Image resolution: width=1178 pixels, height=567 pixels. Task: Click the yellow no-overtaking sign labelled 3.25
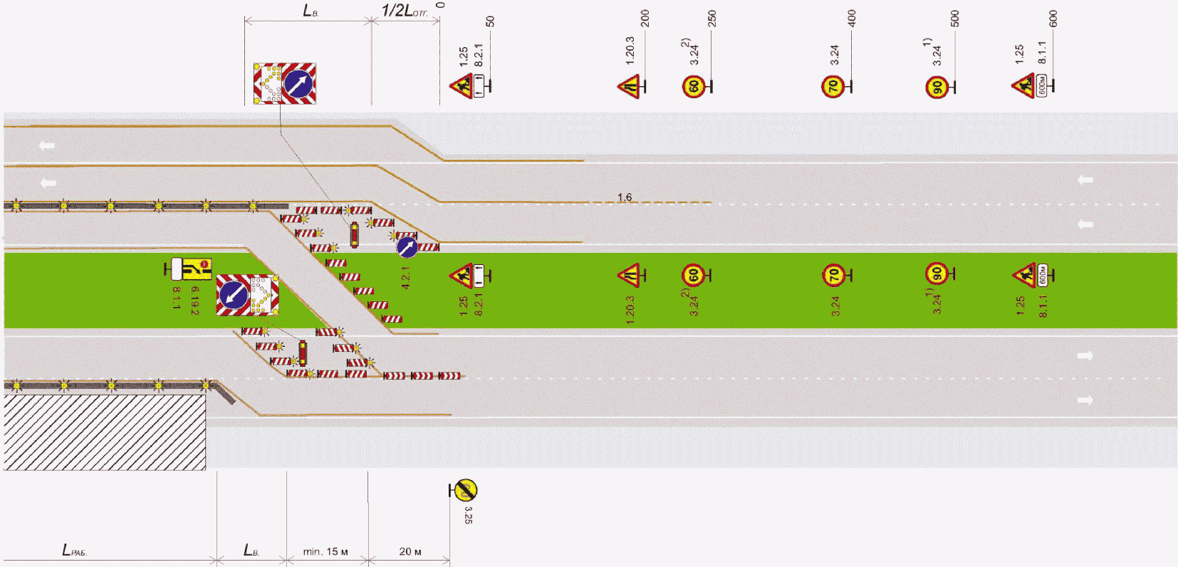pyautogui.click(x=466, y=490)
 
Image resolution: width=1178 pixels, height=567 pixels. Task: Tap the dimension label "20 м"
pyautogui.click(x=410, y=551)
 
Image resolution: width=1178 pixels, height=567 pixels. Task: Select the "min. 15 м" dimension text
pyautogui.click(x=325, y=551)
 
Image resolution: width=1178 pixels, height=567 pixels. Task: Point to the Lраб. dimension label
pyautogui.click(x=74, y=550)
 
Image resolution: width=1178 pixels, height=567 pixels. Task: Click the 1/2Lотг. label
pyautogui.click(x=405, y=11)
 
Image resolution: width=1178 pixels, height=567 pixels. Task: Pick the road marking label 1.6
pyautogui.click(x=625, y=197)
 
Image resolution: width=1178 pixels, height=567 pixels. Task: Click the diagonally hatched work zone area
pyautogui.click(x=105, y=432)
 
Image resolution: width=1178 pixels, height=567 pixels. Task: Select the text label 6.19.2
pyautogui.click(x=194, y=300)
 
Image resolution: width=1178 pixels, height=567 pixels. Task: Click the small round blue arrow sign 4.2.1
pyautogui.click(x=407, y=247)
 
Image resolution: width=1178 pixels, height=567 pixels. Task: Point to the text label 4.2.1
pyautogui.click(x=405, y=278)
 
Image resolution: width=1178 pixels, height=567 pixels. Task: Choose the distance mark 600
pyautogui.click(x=1053, y=19)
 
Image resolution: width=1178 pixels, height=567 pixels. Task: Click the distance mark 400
pyautogui.click(x=852, y=19)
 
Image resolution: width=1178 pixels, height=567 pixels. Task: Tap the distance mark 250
pyautogui.click(x=712, y=19)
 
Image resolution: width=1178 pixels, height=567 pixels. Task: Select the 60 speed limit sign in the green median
pyautogui.click(x=693, y=275)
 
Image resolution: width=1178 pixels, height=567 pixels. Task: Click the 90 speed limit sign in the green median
pyautogui.click(x=937, y=274)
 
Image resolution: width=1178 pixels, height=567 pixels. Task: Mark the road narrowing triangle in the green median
pyautogui.click(x=629, y=274)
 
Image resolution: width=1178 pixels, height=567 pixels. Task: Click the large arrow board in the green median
pyautogui.click(x=247, y=295)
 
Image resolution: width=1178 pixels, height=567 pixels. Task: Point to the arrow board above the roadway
pyautogui.click(x=285, y=83)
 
